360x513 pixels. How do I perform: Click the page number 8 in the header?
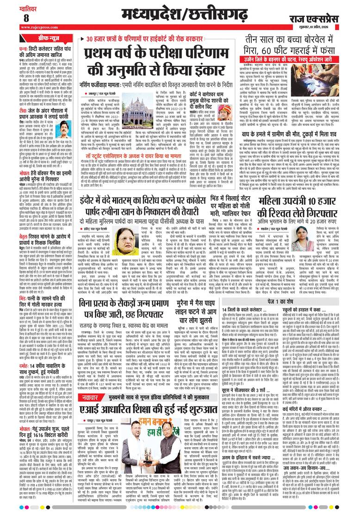pos(12,17)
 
